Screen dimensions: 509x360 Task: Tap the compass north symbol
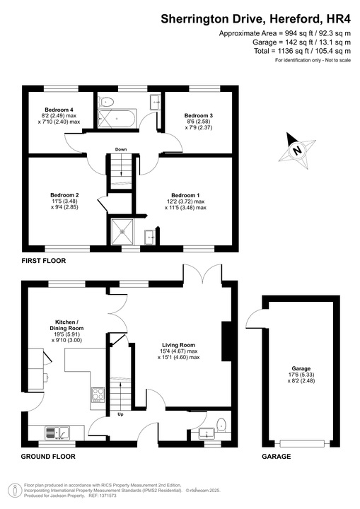(x=298, y=148)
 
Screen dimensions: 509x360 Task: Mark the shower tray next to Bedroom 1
(x=122, y=231)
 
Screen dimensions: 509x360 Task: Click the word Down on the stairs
(x=121, y=149)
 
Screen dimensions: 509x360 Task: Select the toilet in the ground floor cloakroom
(x=221, y=425)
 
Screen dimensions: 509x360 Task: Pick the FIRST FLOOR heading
(x=43, y=261)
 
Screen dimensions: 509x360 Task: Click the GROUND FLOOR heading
(x=48, y=457)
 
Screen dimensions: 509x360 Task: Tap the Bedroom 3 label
(x=199, y=115)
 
